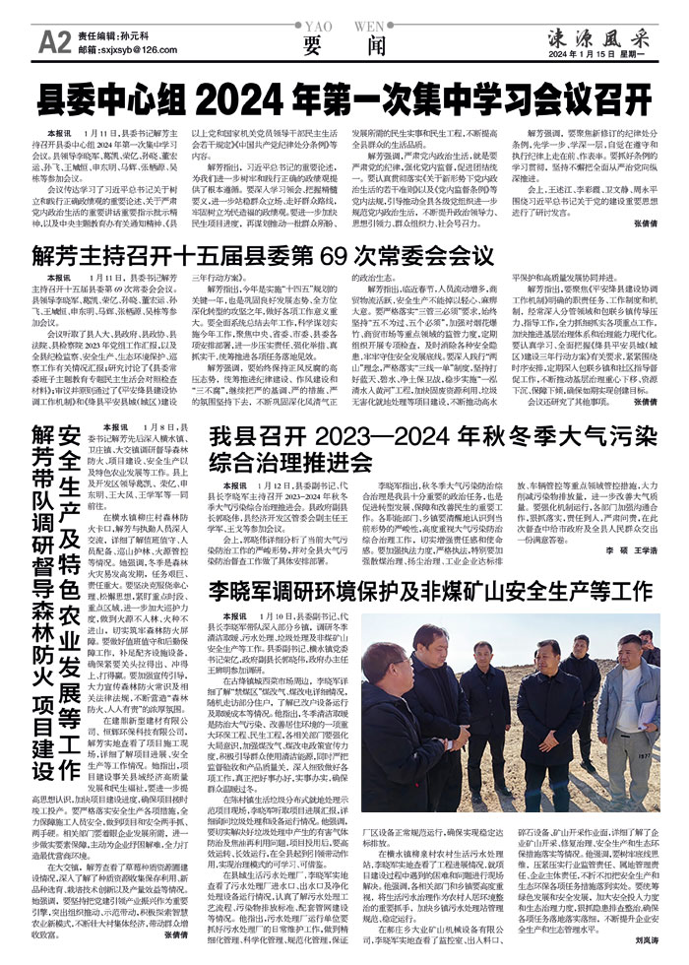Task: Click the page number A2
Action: (49, 40)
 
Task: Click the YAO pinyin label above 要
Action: (315, 30)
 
